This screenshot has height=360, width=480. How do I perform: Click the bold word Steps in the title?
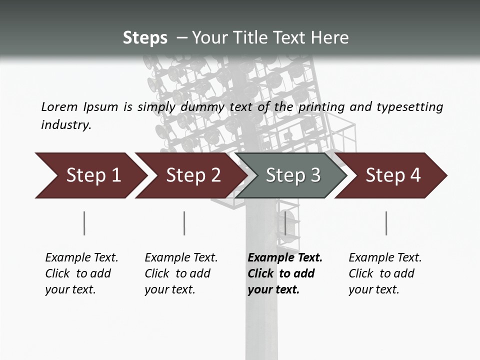[x=145, y=38]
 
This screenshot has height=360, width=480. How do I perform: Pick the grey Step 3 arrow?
[x=292, y=175]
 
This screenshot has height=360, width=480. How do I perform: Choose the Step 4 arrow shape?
[x=393, y=175]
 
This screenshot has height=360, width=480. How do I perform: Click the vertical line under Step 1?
[x=84, y=223]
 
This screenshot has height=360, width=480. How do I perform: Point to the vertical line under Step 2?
[x=184, y=223]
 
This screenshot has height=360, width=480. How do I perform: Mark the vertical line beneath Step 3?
[x=285, y=223]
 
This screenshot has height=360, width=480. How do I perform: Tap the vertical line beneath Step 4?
[x=386, y=223]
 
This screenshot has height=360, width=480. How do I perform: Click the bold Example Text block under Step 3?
[x=285, y=273]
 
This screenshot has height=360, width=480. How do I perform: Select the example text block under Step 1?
[x=81, y=273]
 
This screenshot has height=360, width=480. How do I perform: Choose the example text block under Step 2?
[x=181, y=273]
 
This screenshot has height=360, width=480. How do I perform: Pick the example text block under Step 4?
[x=385, y=273]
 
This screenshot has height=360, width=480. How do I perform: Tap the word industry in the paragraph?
[x=66, y=124]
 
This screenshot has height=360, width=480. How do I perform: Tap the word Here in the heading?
[x=329, y=38]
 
